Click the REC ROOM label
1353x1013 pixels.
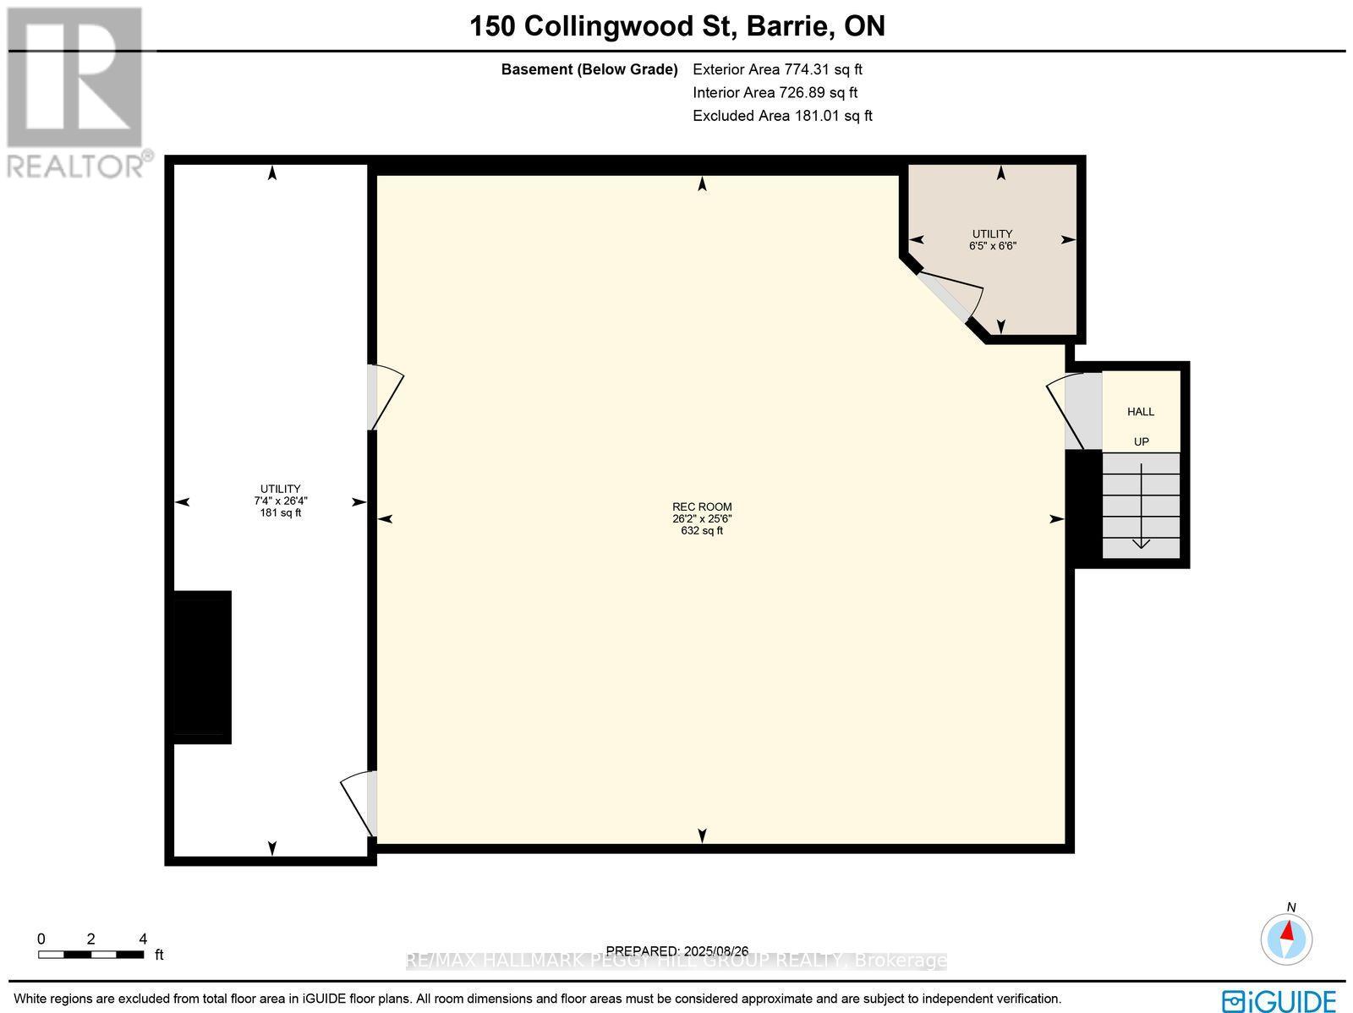[x=702, y=506]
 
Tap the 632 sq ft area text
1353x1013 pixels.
[x=702, y=531]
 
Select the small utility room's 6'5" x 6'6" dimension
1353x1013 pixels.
[x=992, y=246]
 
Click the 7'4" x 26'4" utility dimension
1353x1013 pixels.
[x=280, y=501]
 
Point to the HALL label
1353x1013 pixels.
[x=1140, y=412]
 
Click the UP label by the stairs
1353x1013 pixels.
[x=1141, y=442]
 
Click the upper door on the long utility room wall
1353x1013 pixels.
[x=381, y=397]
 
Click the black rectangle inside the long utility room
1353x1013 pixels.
[x=201, y=666]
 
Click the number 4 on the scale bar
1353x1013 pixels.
[x=143, y=939]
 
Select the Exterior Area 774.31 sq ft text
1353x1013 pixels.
[x=777, y=70]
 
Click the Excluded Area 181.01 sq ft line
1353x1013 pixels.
[x=782, y=116]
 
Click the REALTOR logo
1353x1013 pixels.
[x=76, y=93]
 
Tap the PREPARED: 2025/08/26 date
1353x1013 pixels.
[x=676, y=951]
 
